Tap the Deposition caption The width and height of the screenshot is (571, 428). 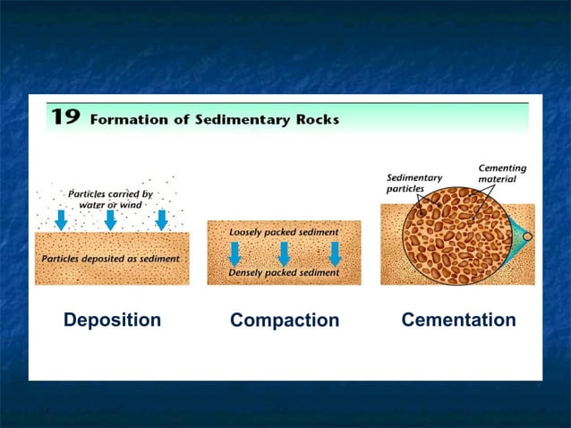[x=112, y=320]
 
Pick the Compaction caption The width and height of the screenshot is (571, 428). [x=285, y=321]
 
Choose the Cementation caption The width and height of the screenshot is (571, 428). [x=458, y=320]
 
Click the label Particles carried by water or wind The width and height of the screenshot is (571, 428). [x=111, y=198]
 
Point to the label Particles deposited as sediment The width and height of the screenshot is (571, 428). [x=111, y=259]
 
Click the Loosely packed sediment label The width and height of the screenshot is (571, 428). [x=284, y=232]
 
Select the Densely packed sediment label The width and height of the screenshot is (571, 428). [x=284, y=272]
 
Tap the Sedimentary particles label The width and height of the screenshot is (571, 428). [x=414, y=183]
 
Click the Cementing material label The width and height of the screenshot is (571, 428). [x=502, y=174]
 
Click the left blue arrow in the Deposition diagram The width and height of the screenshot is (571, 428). [x=61, y=219]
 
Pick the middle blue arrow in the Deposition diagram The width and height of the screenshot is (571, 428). [x=111, y=219]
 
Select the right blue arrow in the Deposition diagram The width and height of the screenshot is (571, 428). [x=162, y=219]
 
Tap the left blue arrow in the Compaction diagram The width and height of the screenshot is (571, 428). [x=234, y=253]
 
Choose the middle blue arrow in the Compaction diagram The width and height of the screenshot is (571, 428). [x=284, y=253]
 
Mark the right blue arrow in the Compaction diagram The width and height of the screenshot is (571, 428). [x=335, y=253]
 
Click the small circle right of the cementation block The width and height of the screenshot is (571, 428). [x=528, y=237]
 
